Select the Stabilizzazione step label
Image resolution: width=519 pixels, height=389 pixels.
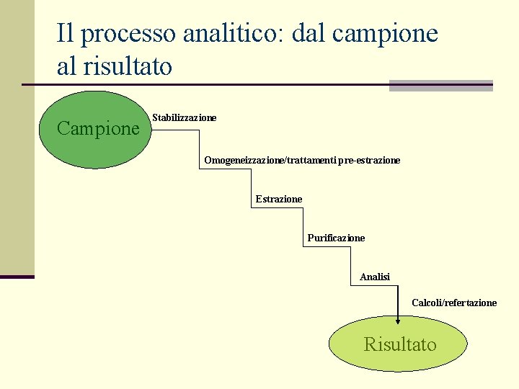pyautogui.click(x=184, y=117)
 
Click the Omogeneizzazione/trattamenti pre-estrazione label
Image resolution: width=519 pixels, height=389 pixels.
pyautogui.click(x=301, y=160)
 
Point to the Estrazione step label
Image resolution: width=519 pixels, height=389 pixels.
pyautogui.click(x=279, y=199)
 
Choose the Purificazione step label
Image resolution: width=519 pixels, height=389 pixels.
pyautogui.click(x=336, y=238)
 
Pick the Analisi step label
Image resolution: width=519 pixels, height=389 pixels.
pyautogui.click(x=375, y=277)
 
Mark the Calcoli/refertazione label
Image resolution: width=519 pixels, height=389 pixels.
pyautogui.click(x=454, y=303)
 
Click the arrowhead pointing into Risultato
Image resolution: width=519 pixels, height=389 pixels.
pyautogui.click(x=398, y=321)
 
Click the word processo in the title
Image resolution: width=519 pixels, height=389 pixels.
pyautogui.click(x=130, y=35)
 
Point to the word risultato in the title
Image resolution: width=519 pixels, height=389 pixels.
pyautogui.click(x=127, y=67)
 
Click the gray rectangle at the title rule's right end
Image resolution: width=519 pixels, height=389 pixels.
pyautogui.click(x=440, y=85)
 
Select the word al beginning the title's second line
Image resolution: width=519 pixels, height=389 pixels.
pyautogui.click(x=66, y=67)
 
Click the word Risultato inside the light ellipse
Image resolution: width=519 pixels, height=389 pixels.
pyautogui.click(x=400, y=344)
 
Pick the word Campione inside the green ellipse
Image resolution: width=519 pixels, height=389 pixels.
pyautogui.click(x=97, y=129)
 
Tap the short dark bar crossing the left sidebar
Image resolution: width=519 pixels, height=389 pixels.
pyautogui.click(x=17, y=277)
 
